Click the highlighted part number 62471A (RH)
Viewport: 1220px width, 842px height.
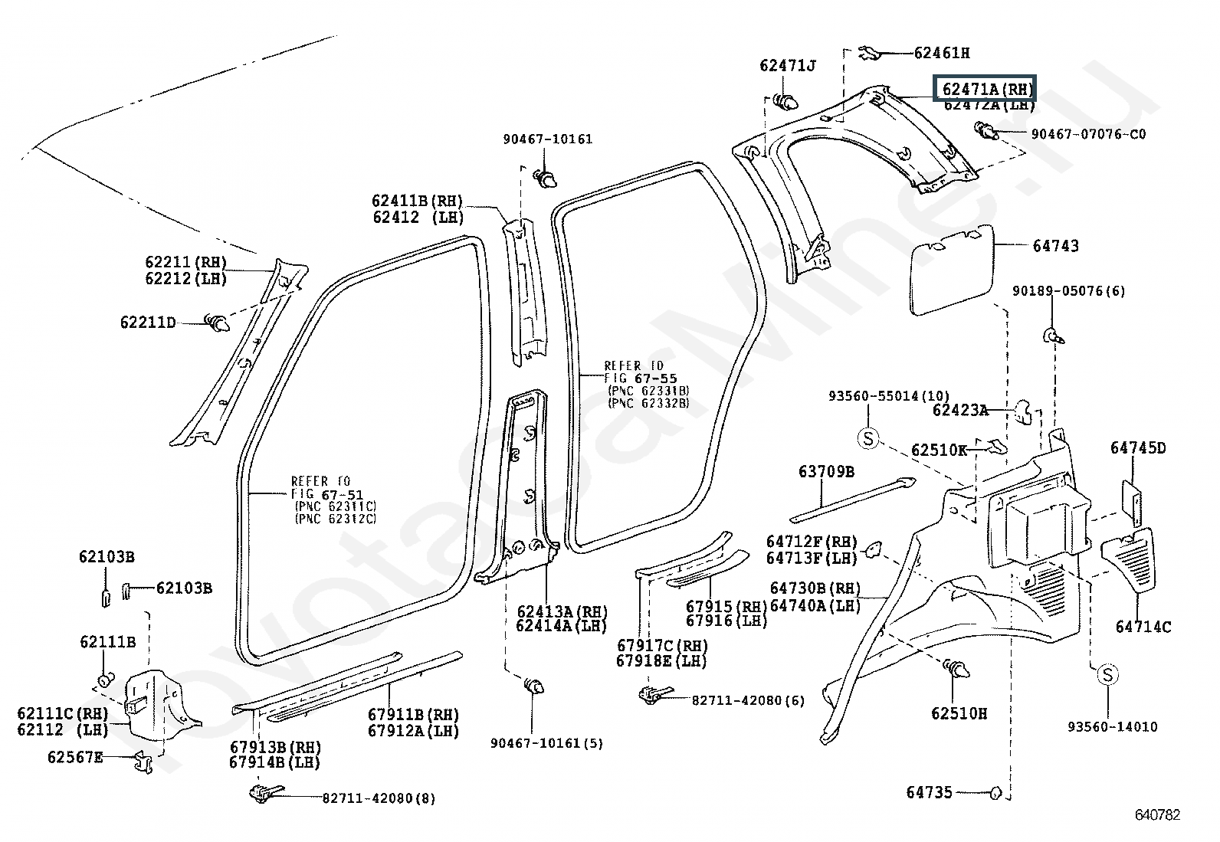click(x=983, y=89)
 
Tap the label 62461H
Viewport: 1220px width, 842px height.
click(x=942, y=53)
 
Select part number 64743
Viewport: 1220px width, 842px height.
click(x=1055, y=246)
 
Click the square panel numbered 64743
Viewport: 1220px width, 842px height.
click(x=951, y=268)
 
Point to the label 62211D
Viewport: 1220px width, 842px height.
click(x=148, y=323)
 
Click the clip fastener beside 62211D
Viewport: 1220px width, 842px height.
click(x=218, y=323)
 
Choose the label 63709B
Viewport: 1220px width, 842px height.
click(x=826, y=472)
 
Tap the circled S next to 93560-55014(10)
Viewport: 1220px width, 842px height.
click(x=867, y=438)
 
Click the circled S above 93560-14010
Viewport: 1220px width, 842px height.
click(x=1107, y=675)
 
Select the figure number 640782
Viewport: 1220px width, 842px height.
click(x=1157, y=814)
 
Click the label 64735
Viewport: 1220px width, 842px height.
click(x=930, y=792)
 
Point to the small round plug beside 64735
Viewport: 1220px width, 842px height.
click(x=995, y=793)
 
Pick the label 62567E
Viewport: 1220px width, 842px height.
click(x=75, y=758)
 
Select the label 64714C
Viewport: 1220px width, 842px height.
click(x=1143, y=627)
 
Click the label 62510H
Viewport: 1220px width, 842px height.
click(x=959, y=713)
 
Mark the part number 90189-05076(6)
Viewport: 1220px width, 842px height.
click(x=1069, y=291)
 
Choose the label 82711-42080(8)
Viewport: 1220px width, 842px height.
click(x=379, y=798)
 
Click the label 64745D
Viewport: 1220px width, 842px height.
click(x=1138, y=448)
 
